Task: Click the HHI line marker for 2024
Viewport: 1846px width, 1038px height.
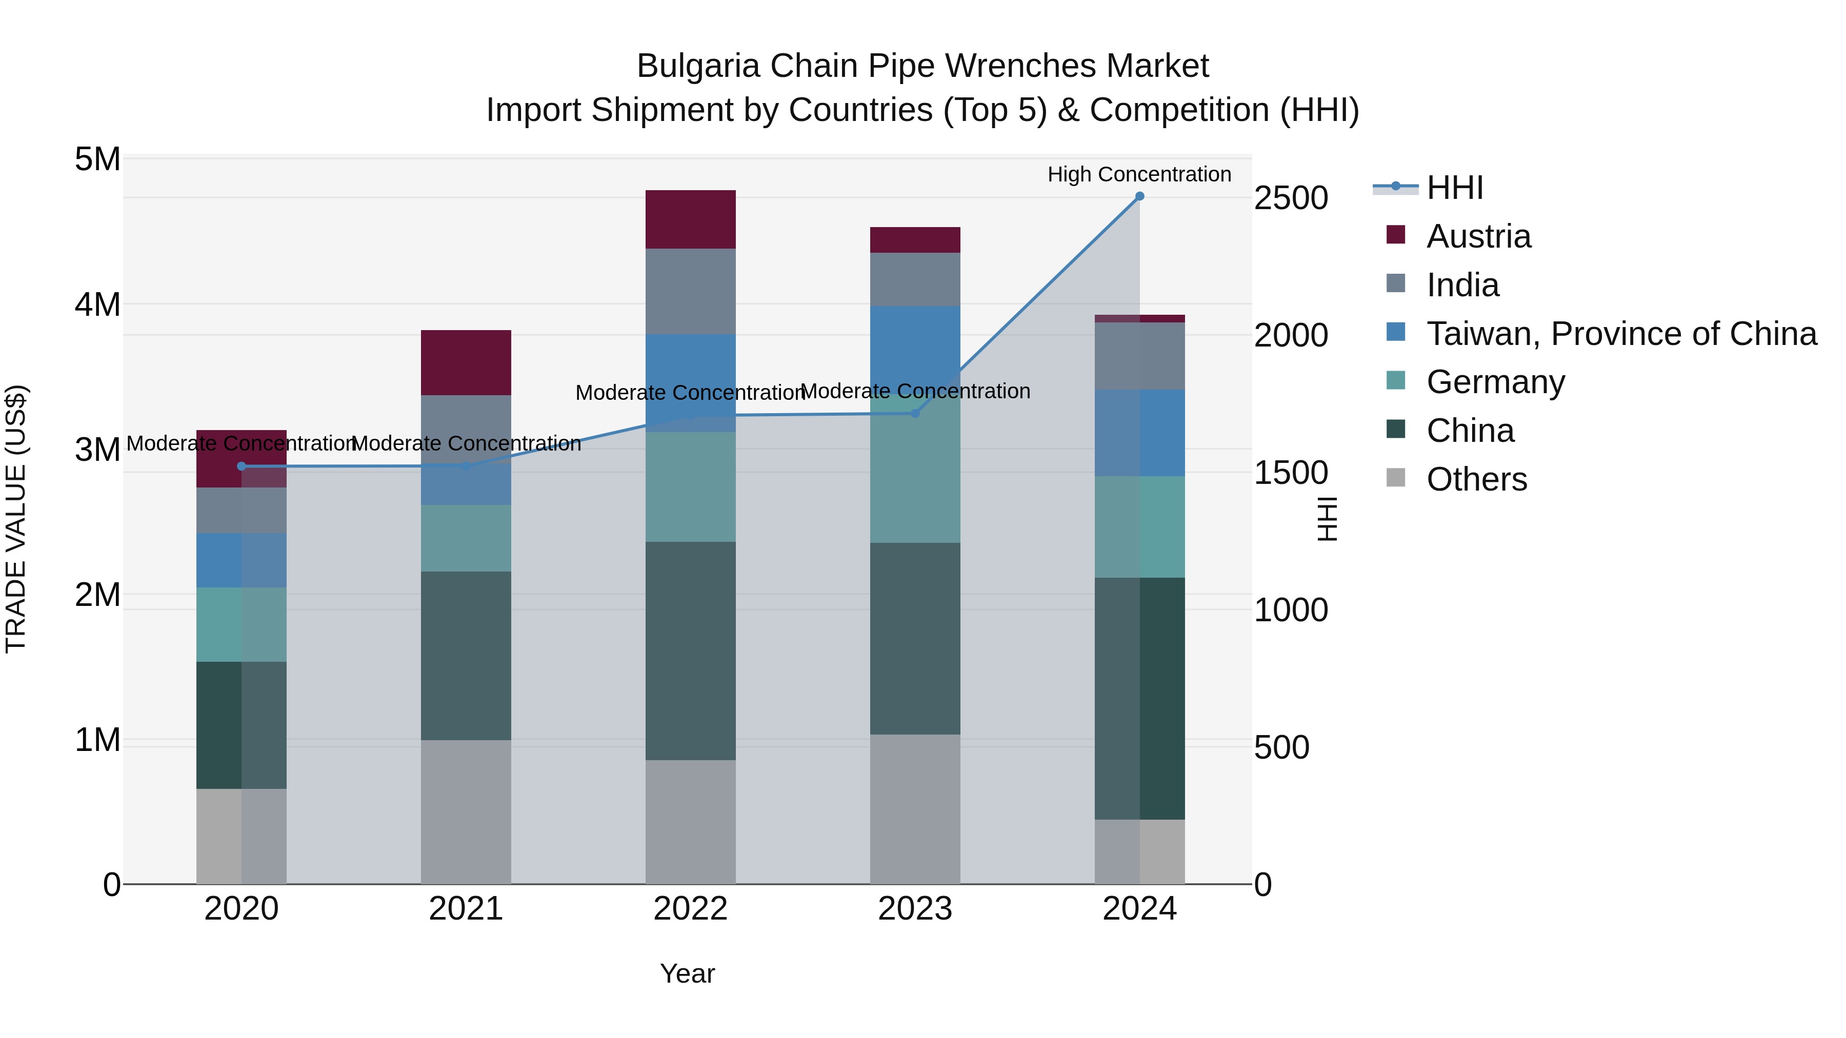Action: [1139, 196]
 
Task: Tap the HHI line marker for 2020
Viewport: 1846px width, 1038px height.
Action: [242, 466]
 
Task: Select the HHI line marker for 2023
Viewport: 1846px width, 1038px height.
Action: [915, 413]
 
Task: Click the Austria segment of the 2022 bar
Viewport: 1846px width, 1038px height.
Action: [690, 219]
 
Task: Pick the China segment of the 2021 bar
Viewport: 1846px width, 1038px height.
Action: [466, 656]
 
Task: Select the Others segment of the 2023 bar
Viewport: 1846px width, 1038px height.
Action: [915, 809]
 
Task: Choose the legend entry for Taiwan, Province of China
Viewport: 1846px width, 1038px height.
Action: [1621, 334]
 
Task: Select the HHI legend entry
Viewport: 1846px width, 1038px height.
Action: [1454, 188]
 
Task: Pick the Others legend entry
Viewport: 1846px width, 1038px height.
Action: [1476, 479]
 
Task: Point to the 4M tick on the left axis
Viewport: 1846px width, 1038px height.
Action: [97, 304]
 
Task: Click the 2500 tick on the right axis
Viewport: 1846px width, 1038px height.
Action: [1291, 198]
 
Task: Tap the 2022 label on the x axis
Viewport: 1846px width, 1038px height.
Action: [690, 909]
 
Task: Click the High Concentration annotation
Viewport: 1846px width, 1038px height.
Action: [1139, 174]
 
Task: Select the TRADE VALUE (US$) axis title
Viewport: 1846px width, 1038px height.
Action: [16, 519]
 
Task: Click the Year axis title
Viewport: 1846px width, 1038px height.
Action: [687, 973]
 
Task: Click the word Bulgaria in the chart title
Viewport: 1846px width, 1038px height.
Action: [697, 66]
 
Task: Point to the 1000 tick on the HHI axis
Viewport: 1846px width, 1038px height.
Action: [1291, 610]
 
